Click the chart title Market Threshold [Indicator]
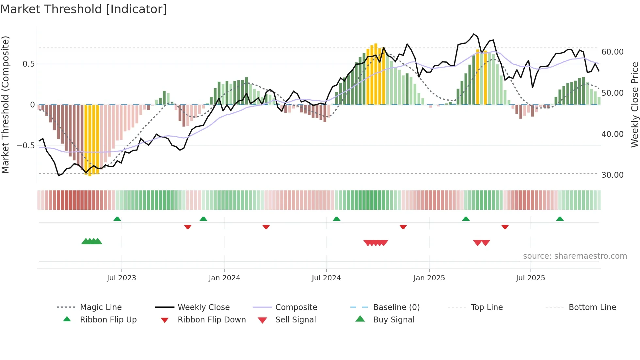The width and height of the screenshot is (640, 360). click(x=84, y=9)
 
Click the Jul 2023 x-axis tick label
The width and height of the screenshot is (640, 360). click(x=121, y=278)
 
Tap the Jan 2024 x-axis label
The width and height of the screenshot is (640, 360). click(x=224, y=278)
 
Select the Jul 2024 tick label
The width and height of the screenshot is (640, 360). click(x=326, y=278)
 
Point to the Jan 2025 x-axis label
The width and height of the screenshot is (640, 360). click(x=429, y=278)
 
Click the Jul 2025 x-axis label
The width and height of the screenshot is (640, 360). click(x=531, y=278)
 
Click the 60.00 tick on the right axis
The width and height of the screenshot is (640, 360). click(x=613, y=52)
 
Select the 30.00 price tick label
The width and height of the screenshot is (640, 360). click(x=613, y=175)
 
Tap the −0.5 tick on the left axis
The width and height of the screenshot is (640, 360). click(x=26, y=146)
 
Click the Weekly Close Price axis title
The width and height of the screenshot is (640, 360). click(x=634, y=105)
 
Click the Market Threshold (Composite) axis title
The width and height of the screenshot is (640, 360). click(x=5, y=105)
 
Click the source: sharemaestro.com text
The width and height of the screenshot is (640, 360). click(x=575, y=256)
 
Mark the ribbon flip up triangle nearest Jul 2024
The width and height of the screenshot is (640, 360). click(x=337, y=219)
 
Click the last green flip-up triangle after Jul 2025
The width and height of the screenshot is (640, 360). click(x=560, y=219)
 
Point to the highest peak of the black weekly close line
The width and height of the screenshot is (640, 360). click(x=474, y=34)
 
